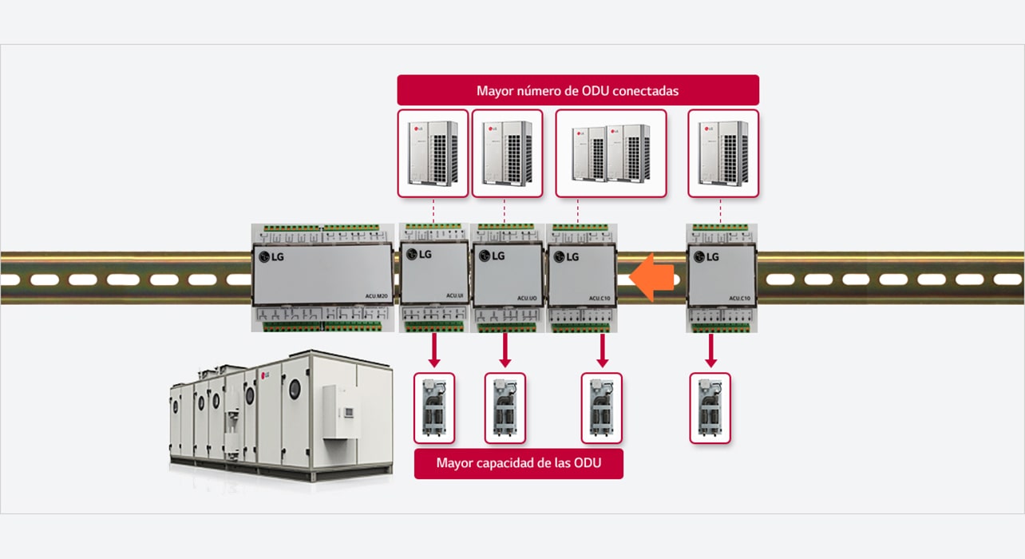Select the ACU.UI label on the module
point(456,297)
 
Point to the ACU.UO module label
point(526,298)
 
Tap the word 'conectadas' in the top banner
point(653,90)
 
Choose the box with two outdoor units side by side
point(611,153)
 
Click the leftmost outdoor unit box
point(433,153)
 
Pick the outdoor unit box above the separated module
point(722,153)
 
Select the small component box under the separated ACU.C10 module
point(710,407)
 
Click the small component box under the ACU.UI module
point(434,407)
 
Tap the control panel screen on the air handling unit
point(348,412)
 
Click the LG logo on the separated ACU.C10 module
point(706,256)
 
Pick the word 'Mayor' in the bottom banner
point(454,463)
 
